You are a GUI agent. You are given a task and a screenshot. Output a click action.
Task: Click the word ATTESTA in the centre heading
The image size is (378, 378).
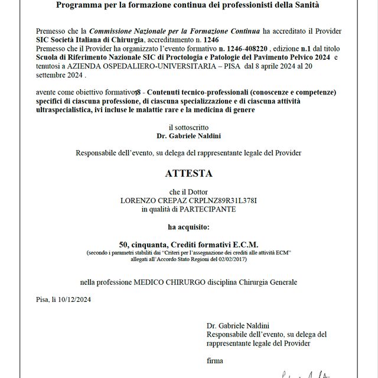coord(188,174)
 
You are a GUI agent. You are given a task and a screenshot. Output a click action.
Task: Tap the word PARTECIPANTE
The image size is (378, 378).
coord(210,209)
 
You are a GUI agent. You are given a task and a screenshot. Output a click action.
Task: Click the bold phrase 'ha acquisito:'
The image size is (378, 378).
coord(188,226)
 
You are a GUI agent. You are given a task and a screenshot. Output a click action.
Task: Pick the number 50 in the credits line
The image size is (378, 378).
coord(123,244)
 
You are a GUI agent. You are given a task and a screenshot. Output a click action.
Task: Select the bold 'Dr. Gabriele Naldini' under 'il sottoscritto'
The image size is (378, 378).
coord(188,135)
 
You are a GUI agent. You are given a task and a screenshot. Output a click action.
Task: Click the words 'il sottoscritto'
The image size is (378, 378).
coord(188,127)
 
